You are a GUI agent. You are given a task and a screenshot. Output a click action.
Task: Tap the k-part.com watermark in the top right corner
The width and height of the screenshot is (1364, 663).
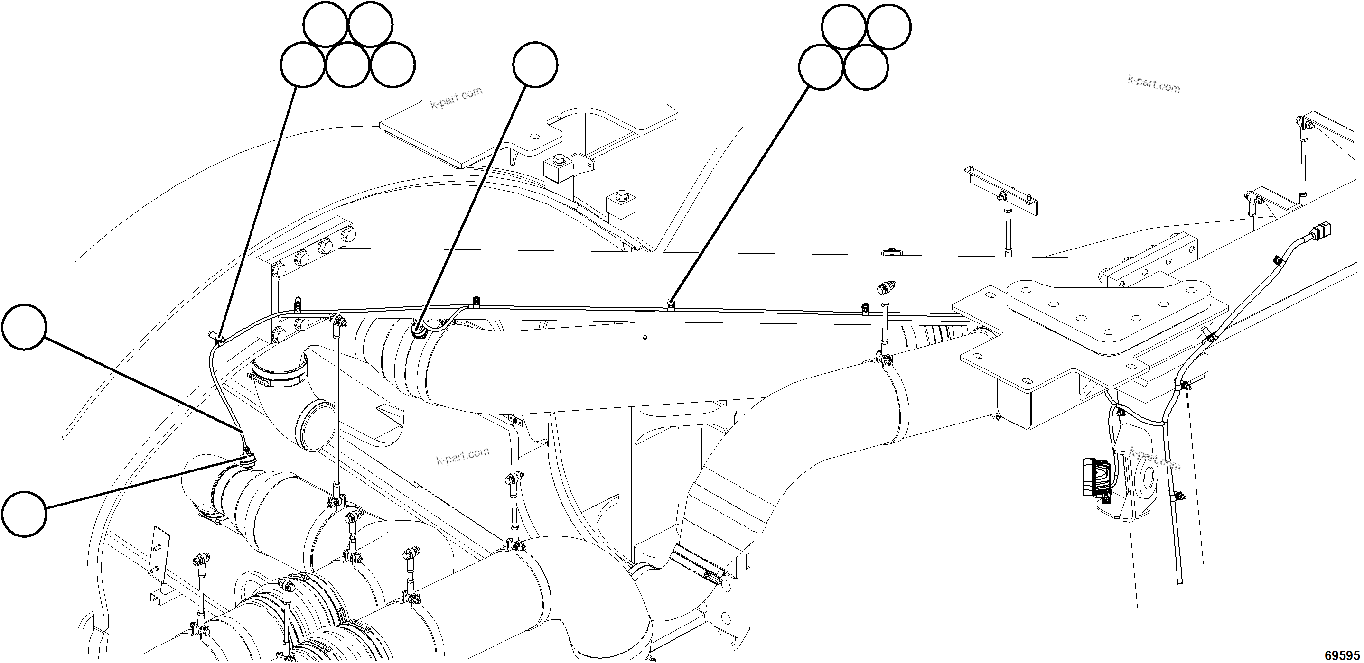pyautogui.click(x=1154, y=84)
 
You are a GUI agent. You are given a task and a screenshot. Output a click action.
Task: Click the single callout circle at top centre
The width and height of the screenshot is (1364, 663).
pyautogui.click(x=535, y=65)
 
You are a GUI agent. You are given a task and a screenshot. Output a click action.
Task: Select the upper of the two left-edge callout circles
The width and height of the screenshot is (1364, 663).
pyautogui.click(x=24, y=326)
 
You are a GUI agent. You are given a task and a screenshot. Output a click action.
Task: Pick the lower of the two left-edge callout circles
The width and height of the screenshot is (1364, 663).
pyautogui.click(x=24, y=514)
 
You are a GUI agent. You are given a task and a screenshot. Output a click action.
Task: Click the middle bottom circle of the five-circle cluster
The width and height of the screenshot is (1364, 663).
pyautogui.click(x=347, y=65)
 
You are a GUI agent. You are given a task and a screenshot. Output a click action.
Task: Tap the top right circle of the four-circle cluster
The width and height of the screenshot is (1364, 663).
pyautogui.click(x=889, y=27)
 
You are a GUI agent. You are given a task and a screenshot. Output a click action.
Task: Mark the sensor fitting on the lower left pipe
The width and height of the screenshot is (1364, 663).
pyautogui.click(x=247, y=458)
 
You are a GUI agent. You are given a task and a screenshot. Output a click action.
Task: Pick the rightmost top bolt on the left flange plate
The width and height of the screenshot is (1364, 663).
pyautogui.click(x=348, y=234)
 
